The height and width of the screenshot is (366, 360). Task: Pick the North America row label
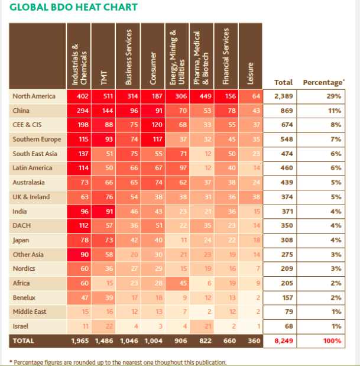[x=34, y=96]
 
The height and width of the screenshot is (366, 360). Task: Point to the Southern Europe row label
[x=36, y=139]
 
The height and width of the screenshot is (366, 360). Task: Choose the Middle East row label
[x=29, y=312]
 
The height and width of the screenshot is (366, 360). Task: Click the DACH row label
[x=22, y=225]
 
